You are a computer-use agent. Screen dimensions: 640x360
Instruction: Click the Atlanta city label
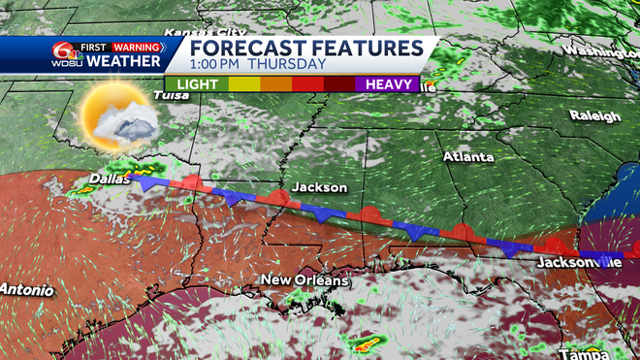468,156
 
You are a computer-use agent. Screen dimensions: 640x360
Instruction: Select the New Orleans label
304,280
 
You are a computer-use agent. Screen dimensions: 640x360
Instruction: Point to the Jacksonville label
579,262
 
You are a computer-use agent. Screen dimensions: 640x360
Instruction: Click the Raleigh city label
594,116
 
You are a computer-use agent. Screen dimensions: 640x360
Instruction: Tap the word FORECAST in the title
245,49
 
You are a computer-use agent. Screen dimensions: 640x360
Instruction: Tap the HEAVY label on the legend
391,85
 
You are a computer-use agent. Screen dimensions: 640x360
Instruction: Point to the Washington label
598,50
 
